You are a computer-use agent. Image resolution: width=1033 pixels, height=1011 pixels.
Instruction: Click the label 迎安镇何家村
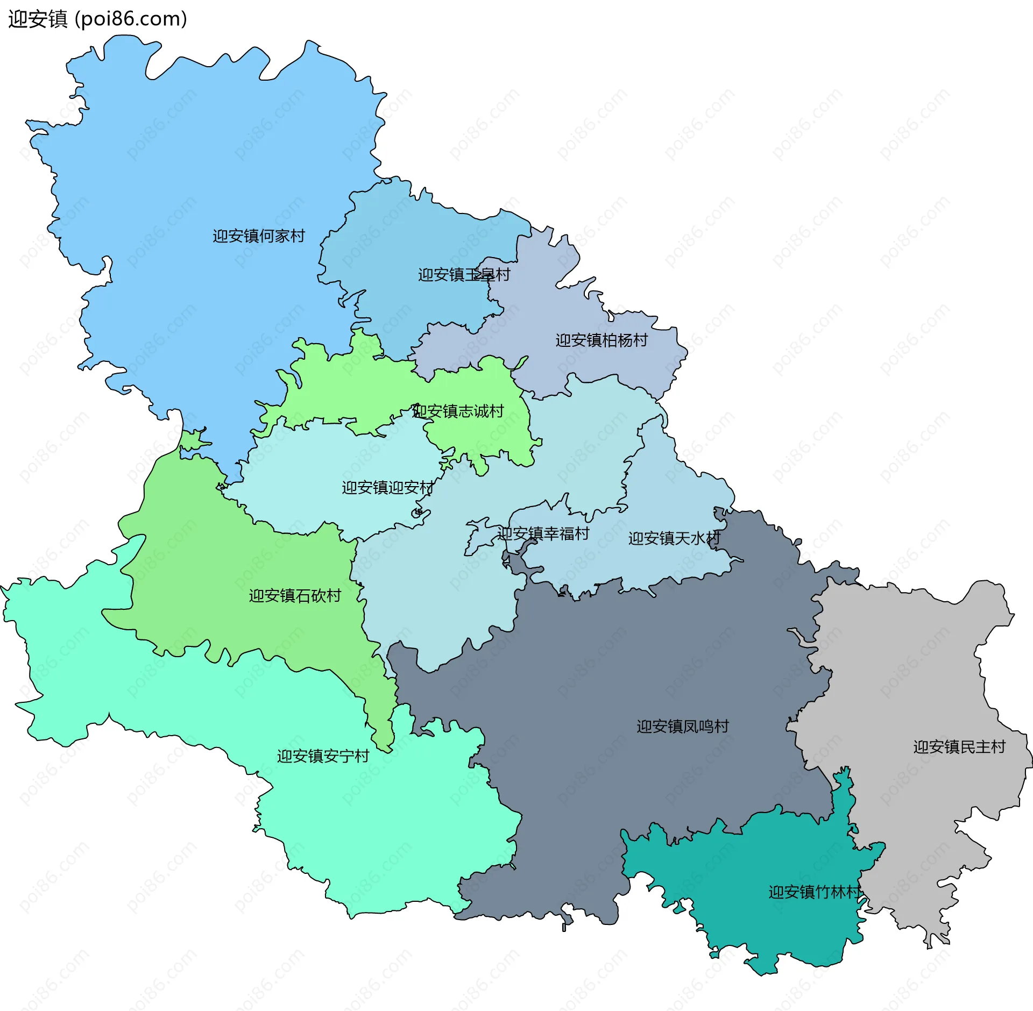(x=259, y=236)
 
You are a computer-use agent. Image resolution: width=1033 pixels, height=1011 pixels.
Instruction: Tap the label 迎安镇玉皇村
(x=464, y=275)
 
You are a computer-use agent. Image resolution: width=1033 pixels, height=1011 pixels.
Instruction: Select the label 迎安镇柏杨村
(x=602, y=340)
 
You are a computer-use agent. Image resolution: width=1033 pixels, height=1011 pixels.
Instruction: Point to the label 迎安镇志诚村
(x=458, y=411)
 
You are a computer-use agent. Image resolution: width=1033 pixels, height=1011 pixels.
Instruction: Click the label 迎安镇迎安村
(x=388, y=488)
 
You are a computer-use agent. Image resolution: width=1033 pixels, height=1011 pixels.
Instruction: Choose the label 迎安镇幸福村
(x=543, y=534)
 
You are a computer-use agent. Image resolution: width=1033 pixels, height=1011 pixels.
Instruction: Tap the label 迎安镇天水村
(x=674, y=538)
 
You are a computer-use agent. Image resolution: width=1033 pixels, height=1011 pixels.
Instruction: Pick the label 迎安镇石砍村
(x=295, y=596)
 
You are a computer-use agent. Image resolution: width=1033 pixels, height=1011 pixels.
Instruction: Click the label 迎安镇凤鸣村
(x=683, y=727)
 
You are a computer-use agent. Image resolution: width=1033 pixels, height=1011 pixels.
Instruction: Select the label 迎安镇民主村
(x=959, y=747)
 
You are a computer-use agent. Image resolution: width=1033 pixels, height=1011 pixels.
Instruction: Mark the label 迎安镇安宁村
(x=323, y=757)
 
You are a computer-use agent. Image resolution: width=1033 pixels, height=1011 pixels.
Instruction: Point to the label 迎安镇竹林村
(x=815, y=892)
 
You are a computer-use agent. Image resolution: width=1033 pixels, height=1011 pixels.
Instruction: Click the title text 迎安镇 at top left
(x=38, y=19)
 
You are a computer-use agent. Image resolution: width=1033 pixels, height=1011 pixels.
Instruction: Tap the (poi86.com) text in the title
(x=131, y=19)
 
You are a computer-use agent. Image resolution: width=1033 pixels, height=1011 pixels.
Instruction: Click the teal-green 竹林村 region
(x=764, y=925)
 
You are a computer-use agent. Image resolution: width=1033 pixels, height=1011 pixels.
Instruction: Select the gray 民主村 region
(x=915, y=672)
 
